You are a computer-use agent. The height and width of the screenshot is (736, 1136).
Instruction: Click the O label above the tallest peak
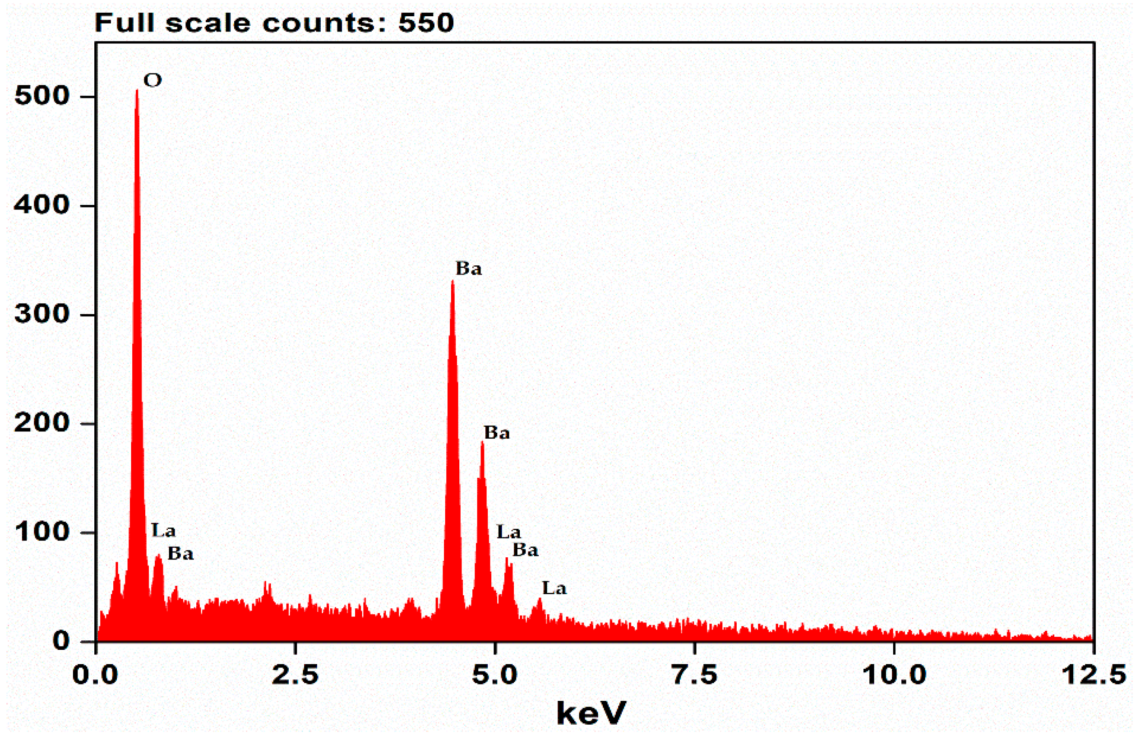coord(153,81)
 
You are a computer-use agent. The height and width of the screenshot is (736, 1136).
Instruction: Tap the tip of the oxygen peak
coord(137,91)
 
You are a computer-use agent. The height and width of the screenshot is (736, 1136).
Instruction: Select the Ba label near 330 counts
coord(469,268)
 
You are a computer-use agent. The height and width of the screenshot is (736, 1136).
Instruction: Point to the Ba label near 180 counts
coord(497,433)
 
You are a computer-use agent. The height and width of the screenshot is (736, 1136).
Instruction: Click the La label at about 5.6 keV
coord(554,588)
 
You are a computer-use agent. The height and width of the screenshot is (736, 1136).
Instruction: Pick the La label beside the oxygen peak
coord(163,531)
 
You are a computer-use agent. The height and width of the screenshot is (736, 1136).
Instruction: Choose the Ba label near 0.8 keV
coord(180,554)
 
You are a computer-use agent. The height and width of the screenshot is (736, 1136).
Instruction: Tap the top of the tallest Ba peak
coord(453,282)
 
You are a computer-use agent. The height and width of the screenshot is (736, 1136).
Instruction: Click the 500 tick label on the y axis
coord(42,97)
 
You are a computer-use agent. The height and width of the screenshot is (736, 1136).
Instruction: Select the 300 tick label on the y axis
coord(42,315)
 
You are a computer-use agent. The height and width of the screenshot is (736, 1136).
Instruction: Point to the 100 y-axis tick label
coord(42,532)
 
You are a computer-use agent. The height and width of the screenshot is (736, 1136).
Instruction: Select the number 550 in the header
coord(426,23)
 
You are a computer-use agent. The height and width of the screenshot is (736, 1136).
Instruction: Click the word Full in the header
coord(125,23)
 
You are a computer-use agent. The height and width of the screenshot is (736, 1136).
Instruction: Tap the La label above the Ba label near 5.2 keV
coord(508,532)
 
